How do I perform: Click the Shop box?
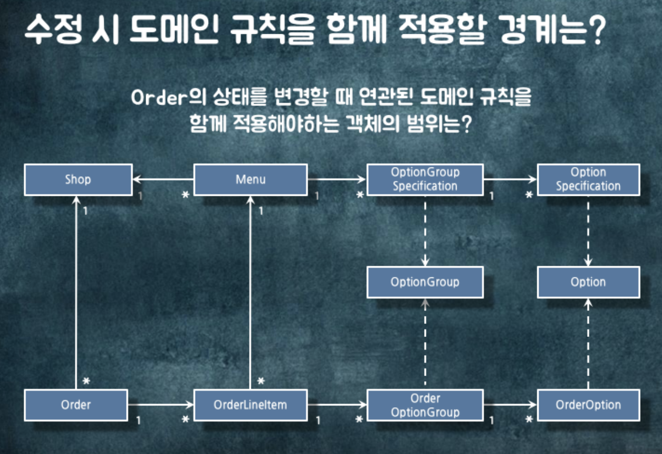point(78,179)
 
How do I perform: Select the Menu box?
point(250,179)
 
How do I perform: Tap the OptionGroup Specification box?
point(425,179)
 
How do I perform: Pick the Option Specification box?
point(588,179)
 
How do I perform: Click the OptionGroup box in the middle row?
point(425,282)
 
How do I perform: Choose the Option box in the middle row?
point(588,282)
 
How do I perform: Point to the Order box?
point(76,405)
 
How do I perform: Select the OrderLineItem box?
point(250,405)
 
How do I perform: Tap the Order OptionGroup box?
point(425,405)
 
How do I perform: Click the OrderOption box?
point(588,405)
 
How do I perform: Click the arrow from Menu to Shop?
point(163,179)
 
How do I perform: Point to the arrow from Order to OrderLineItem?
point(160,405)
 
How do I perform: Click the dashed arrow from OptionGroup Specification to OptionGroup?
point(425,231)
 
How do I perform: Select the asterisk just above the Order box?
point(86,381)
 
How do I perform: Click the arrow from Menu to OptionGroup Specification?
point(337,179)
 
